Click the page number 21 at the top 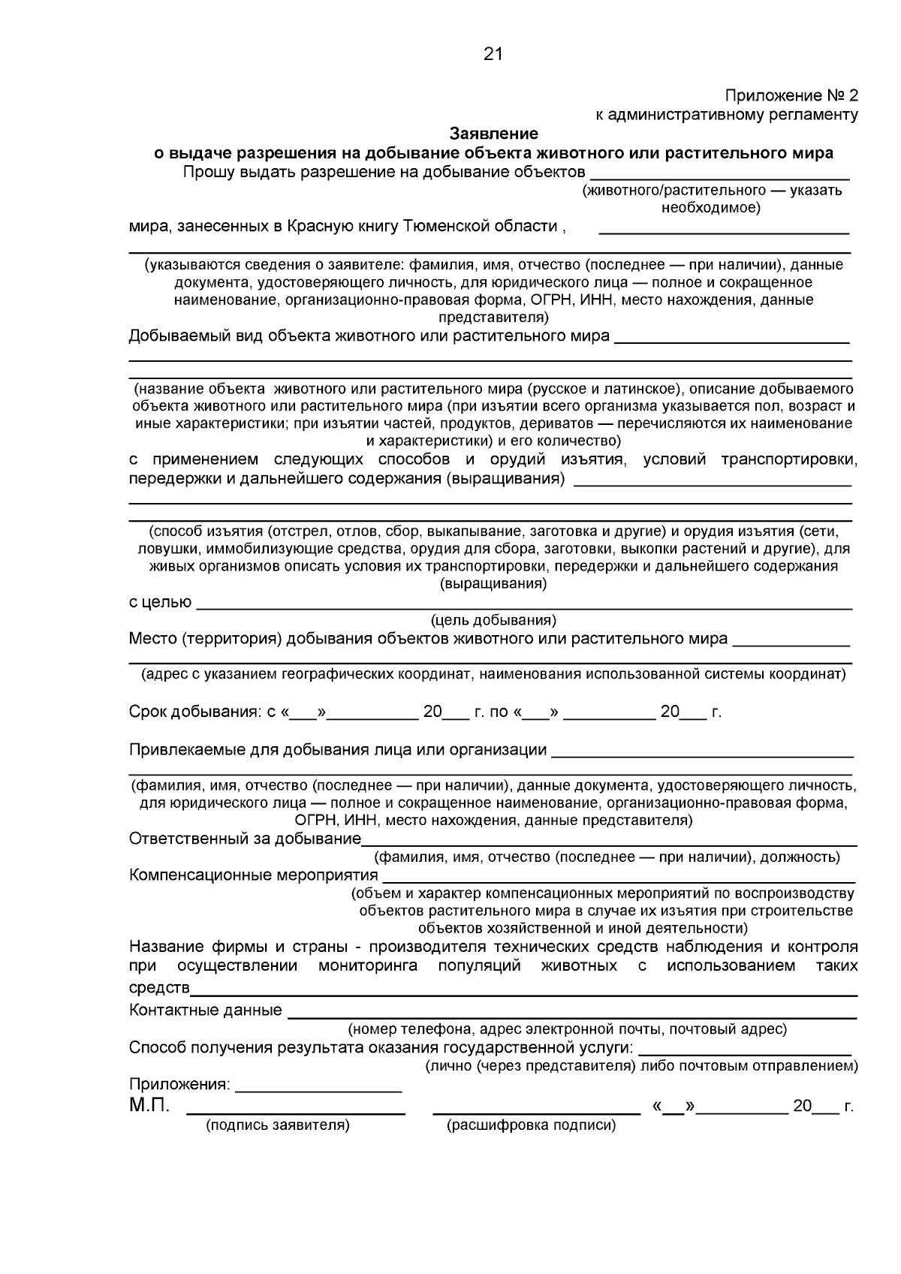coord(493,54)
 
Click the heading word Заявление coord(494,134)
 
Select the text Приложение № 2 coord(791,96)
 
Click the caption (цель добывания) coord(493,620)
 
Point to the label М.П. coord(149,1105)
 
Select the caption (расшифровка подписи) coord(531,1125)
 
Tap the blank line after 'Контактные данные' coord(572,1013)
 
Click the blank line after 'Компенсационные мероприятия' coord(619,878)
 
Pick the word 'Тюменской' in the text coord(452,226)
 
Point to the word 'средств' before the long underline coord(159,986)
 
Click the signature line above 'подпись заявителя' coord(296,1109)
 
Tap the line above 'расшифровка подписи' coord(537,1109)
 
